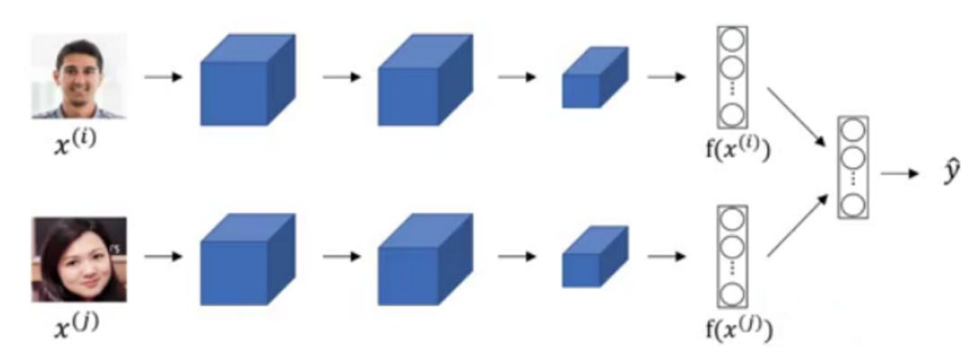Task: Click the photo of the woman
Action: [79, 259]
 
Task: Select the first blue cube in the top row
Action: [245, 80]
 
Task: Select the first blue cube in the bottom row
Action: [245, 260]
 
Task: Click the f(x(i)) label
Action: [736, 145]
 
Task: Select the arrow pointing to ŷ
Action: [902, 173]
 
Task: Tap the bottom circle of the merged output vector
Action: [852, 205]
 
